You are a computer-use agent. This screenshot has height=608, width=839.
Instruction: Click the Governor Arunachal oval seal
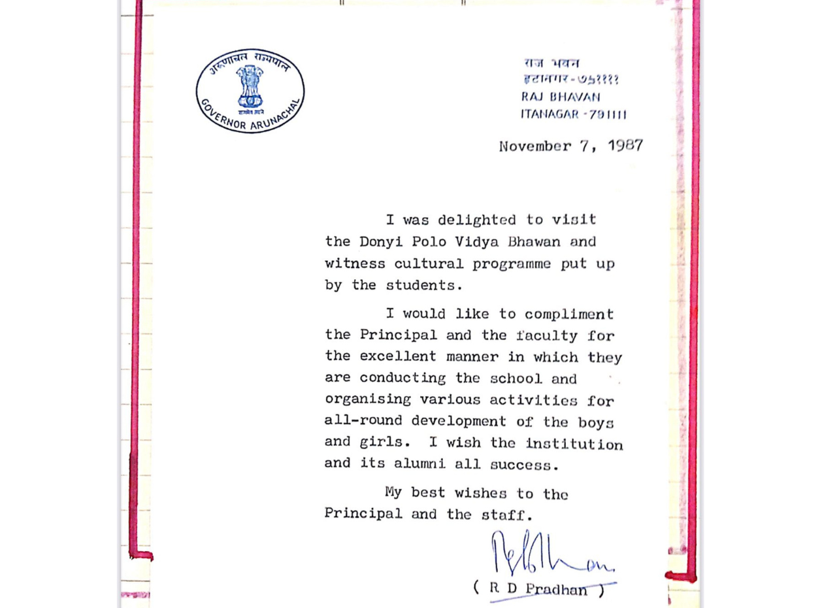click(250, 91)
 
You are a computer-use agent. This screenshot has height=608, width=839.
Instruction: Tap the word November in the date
click(535, 146)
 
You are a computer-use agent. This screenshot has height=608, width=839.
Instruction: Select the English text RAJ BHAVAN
click(561, 97)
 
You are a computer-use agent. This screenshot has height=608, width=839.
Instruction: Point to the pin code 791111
click(608, 114)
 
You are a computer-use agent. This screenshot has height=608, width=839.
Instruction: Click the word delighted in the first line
click(476, 220)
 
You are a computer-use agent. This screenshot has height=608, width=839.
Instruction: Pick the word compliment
click(569, 314)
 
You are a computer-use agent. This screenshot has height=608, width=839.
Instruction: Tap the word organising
click(368, 399)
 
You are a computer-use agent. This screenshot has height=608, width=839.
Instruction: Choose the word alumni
click(412, 464)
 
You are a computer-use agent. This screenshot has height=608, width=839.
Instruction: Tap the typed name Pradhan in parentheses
click(557, 588)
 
